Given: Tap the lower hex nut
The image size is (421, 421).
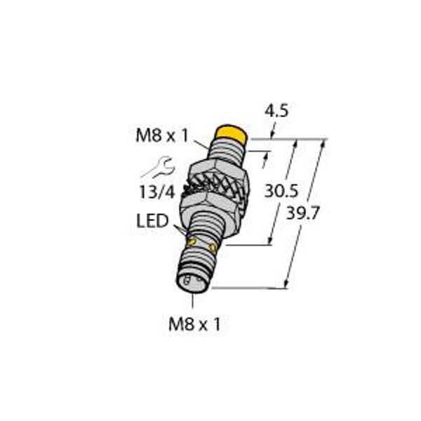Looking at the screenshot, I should pyautogui.click(x=208, y=203).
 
